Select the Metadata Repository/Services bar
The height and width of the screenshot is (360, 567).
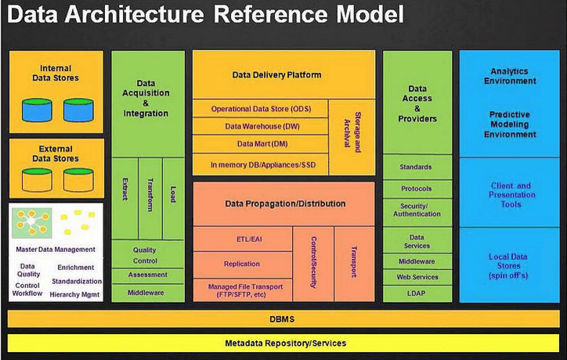(283, 343)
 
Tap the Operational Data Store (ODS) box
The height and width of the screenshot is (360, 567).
(260, 108)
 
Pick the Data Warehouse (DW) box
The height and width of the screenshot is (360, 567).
(260, 126)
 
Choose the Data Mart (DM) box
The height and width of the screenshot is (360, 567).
(260, 144)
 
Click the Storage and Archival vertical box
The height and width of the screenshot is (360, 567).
(349, 136)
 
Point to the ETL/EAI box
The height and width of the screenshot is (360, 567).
(242, 239)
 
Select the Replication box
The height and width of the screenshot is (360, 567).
(242, 264)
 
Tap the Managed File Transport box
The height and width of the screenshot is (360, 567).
(242, 290)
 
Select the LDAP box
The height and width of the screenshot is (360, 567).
(417, 293)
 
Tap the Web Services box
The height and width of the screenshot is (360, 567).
(417, 277)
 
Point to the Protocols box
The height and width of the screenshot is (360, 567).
(417, 189)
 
